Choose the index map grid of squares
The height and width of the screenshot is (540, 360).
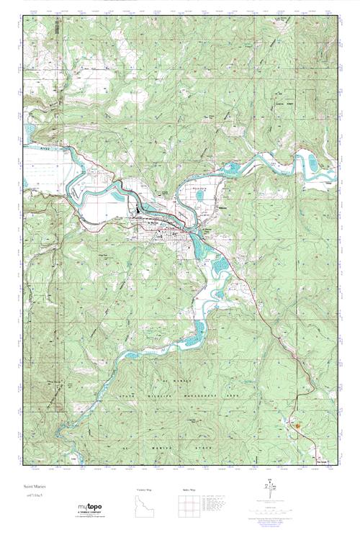click(186, 505)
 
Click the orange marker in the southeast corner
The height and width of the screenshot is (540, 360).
click(294, 425)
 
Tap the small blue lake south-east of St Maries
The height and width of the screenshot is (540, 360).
click(218, 268)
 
